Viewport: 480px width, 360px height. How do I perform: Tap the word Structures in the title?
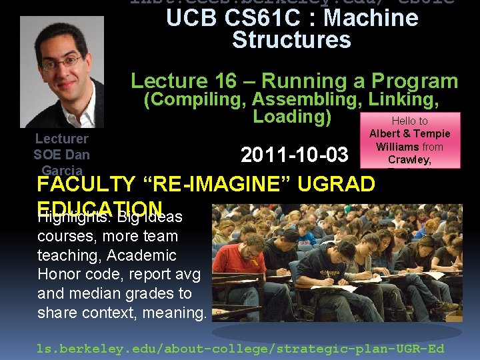coord(291,40)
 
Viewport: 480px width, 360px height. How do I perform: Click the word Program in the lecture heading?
coord(415,81)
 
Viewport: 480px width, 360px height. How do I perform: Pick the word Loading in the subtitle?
coord(289,117)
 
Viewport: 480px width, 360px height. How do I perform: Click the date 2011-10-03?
coord(294,155)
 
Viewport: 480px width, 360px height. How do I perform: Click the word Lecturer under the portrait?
coord(61,139)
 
